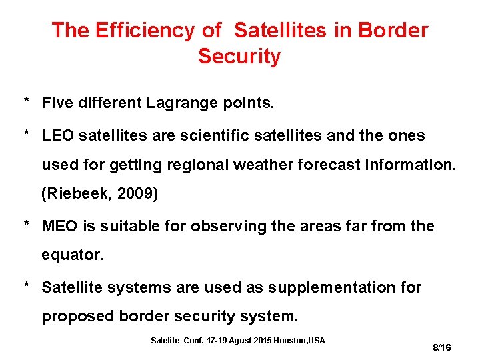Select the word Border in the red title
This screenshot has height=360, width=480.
pyautogui.click(x=393, y=30)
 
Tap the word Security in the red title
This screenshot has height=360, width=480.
pyautogui.click(x=239, y=57)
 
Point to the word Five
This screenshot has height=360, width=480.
pyautogui.click(x=58, y=103)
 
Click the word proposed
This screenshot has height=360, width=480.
pyautogui.click(x=78, y=316)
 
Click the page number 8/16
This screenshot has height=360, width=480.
pyautogui.click(x=442, y=347)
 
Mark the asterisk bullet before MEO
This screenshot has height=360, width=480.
pyautogui.click(x=27, y=225)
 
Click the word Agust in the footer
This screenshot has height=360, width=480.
pyautogui.click(x=245, y=341)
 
